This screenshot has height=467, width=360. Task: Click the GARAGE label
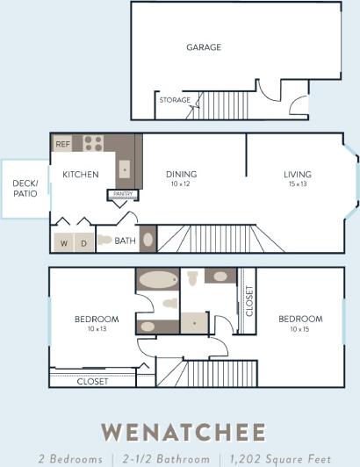203,47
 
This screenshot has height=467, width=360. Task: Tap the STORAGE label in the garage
175,100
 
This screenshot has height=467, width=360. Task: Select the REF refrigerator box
62,143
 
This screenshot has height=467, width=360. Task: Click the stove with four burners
94,143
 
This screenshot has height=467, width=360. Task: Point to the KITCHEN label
80,175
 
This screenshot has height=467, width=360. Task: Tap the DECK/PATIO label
25,188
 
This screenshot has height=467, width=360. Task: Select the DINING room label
181,174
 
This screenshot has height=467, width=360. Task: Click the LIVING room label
297,174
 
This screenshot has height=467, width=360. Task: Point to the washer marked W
64,242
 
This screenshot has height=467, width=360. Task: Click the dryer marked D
84,242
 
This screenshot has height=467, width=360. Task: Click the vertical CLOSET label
249,301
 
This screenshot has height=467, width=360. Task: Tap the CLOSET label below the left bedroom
92,382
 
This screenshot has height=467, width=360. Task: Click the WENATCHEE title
183,432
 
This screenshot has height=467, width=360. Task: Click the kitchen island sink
125,167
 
